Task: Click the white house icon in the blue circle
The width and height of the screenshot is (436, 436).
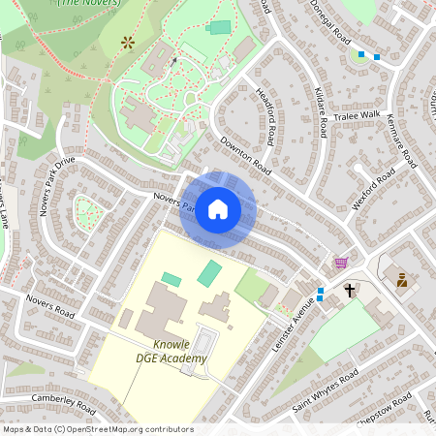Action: click(x=218, y=209)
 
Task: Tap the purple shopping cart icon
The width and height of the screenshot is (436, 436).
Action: click(x=340, y=263)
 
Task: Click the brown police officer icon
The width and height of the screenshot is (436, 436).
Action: click(x=400, y=280)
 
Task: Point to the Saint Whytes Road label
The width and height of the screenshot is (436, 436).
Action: click(x=326, y=389)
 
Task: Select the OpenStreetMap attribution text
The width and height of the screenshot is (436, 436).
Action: click(x=97, y=429)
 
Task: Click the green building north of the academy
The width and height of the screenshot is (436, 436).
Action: click(x=209, y=272)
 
